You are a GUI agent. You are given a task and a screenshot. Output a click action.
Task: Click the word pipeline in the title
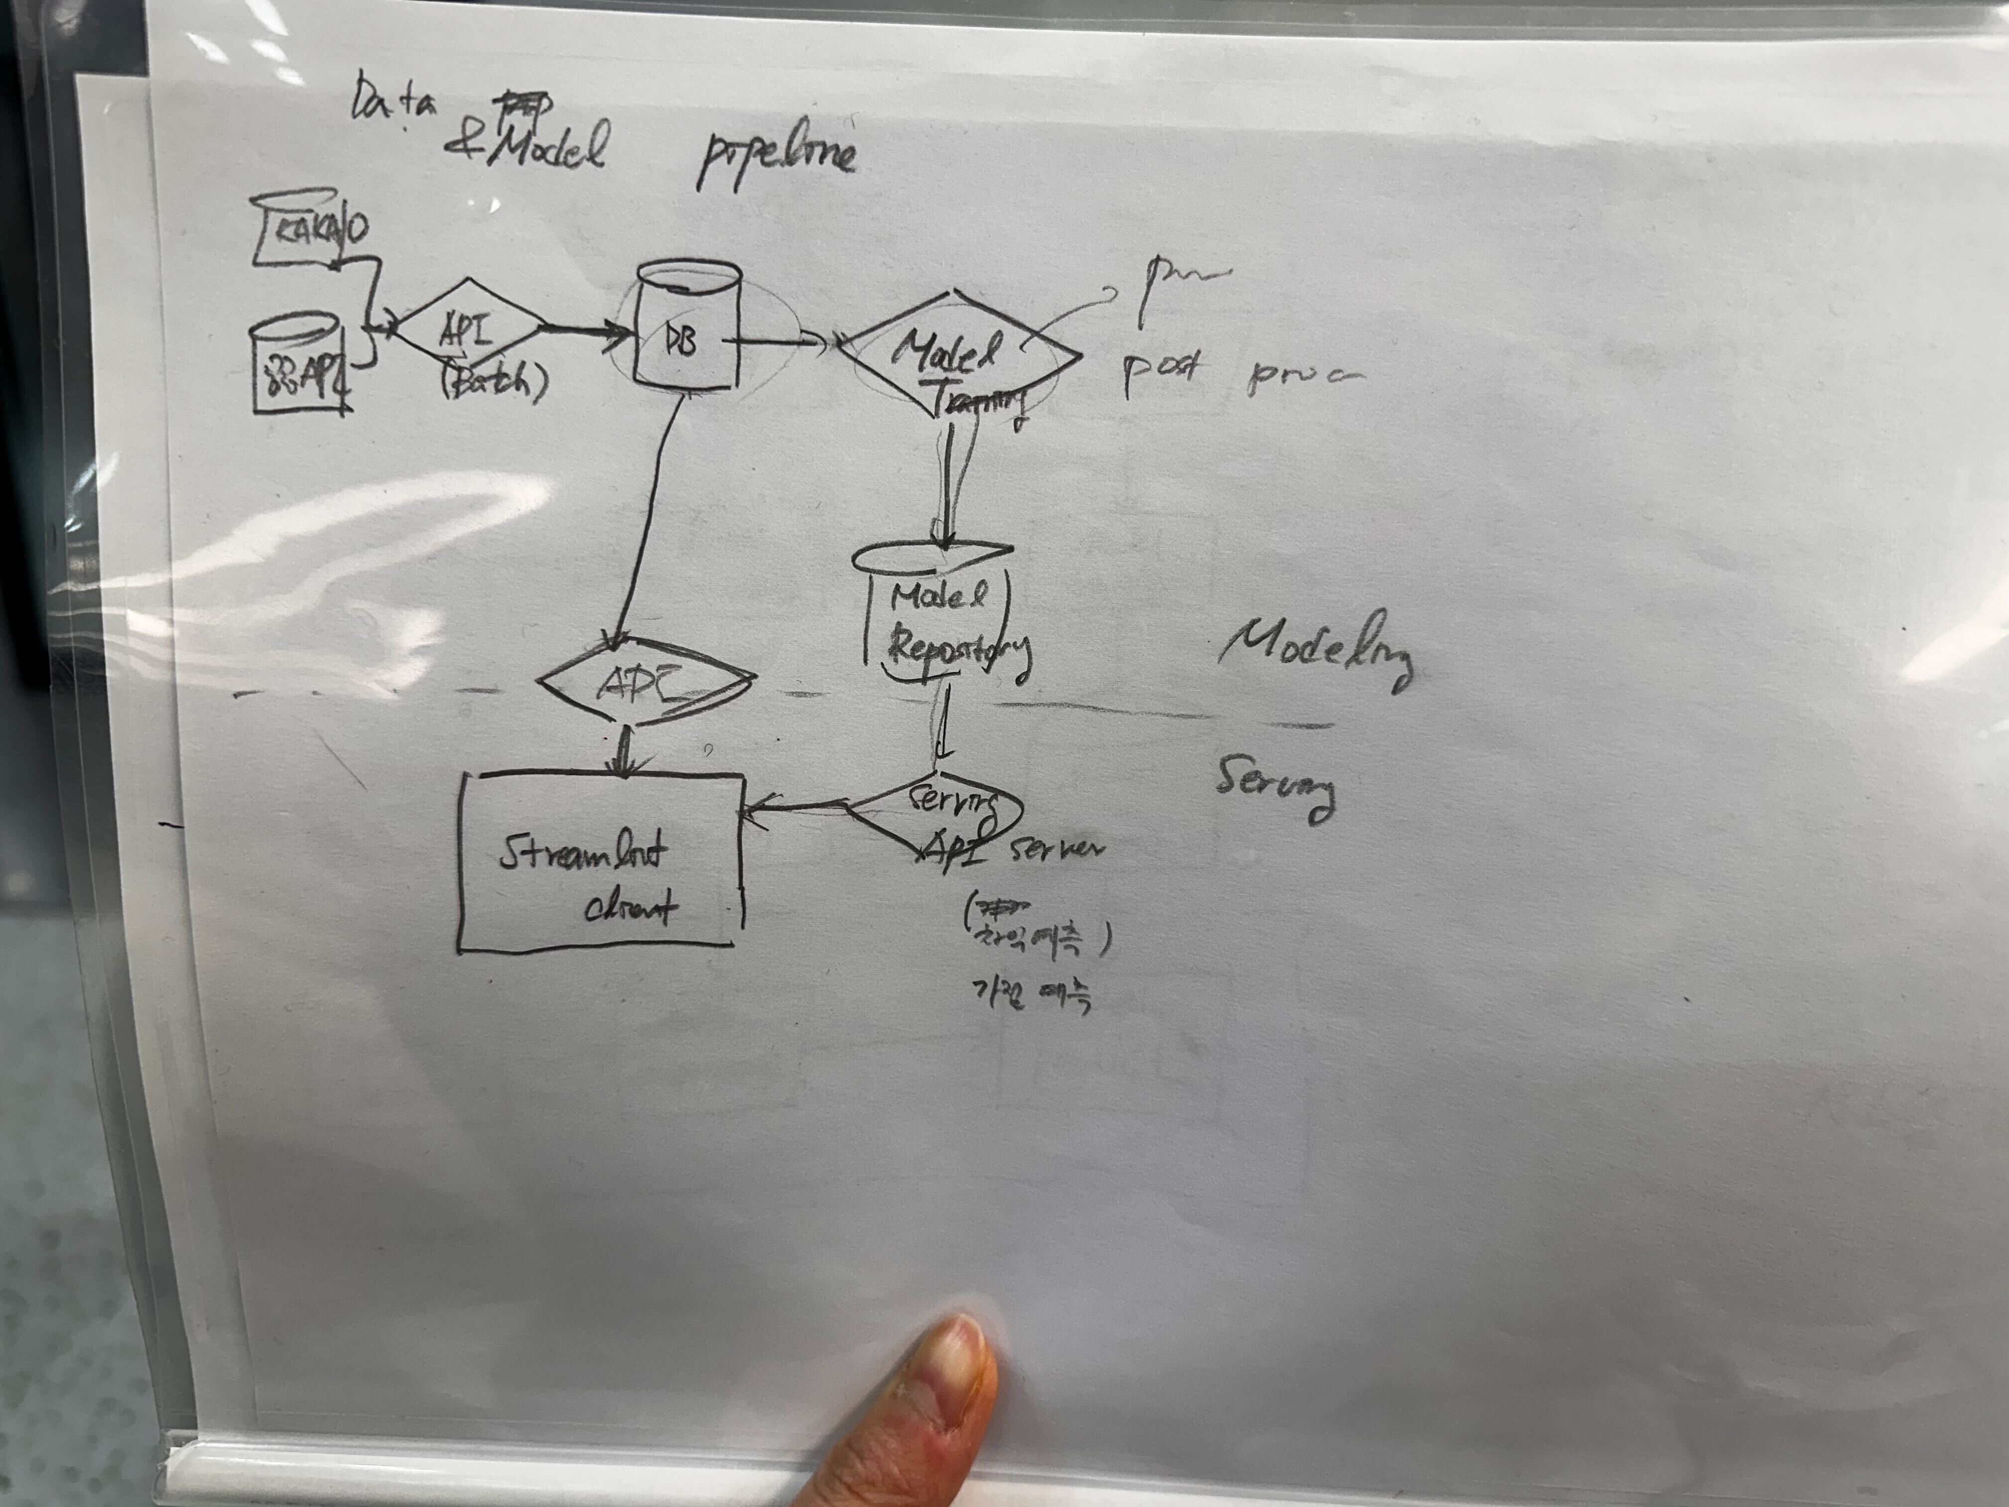click(x=776, y=159)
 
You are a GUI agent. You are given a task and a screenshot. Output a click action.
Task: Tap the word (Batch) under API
click(x=495, y=382)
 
